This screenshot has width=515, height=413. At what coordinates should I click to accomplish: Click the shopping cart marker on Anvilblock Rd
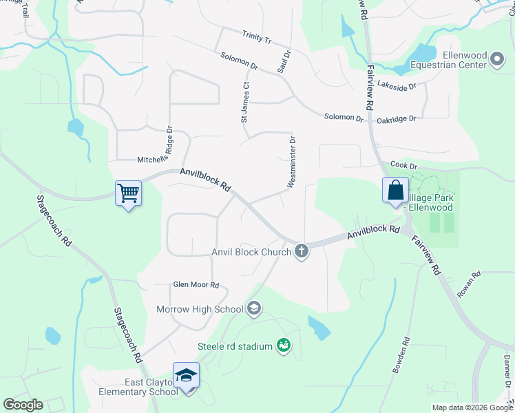(x=128, y=193)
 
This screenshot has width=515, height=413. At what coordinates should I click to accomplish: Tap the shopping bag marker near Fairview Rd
(x=396, y=190)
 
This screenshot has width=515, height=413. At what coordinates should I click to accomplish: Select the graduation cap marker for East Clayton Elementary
(x=186, y=375)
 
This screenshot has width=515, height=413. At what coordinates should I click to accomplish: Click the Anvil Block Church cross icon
(x=300, y=252)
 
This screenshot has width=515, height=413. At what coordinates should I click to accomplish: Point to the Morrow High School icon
(x=254, y=309)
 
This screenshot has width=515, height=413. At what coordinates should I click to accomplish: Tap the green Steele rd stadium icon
(x=282, y=346)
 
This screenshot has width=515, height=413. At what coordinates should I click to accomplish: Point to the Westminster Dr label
(x=292, y=162)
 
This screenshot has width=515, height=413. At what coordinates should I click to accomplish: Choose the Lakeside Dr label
(x=397, y=86)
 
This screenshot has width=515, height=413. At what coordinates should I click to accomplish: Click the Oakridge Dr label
(x=397, y=119)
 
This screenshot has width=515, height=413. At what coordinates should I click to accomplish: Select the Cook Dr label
(x=404, y=165)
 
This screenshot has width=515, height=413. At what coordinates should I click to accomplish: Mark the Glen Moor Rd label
(x=196, y=285)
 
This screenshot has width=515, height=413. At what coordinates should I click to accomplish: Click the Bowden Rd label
(x=401, y=354)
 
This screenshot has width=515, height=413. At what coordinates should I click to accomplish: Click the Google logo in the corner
(x=23, y=404)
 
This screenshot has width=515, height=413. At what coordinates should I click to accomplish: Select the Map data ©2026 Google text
(x=472, y=407)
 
